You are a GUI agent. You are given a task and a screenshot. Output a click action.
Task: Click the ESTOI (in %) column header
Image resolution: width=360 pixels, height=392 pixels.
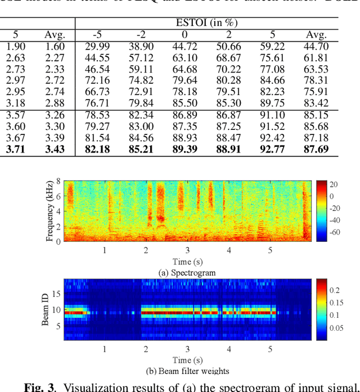pyautogui.click(x=207, y=23)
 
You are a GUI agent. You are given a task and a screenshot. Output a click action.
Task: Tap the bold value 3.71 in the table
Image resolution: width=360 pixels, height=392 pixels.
pyautogui.click(x=15, y=150)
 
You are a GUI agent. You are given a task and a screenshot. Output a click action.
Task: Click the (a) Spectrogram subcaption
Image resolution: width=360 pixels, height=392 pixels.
pyautogui.click(x=188, y=273)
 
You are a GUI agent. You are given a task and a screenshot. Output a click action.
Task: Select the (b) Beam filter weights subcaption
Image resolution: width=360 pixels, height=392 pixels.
pyautogui.click(x=188, y=371)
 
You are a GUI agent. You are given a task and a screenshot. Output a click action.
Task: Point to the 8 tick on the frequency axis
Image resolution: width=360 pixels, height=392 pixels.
pyautogui.click(x=58, y=181)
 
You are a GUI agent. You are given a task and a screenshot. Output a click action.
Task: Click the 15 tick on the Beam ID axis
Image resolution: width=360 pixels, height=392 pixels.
pyautogui.click(x=56, y=293)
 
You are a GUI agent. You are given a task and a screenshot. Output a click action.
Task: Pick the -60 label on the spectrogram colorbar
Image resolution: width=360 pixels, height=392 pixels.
pyautogui.click(x=335, y=232)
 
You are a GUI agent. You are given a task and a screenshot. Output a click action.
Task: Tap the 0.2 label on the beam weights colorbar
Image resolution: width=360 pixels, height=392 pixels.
pyautogui.click(x=334, y=290)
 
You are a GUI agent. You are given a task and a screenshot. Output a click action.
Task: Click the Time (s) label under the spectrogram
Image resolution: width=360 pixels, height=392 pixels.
pyautogui.click(x=188, y=262)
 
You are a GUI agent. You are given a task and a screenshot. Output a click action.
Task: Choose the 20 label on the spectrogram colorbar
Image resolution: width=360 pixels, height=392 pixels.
pyautogui.click(x=333, y=184)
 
